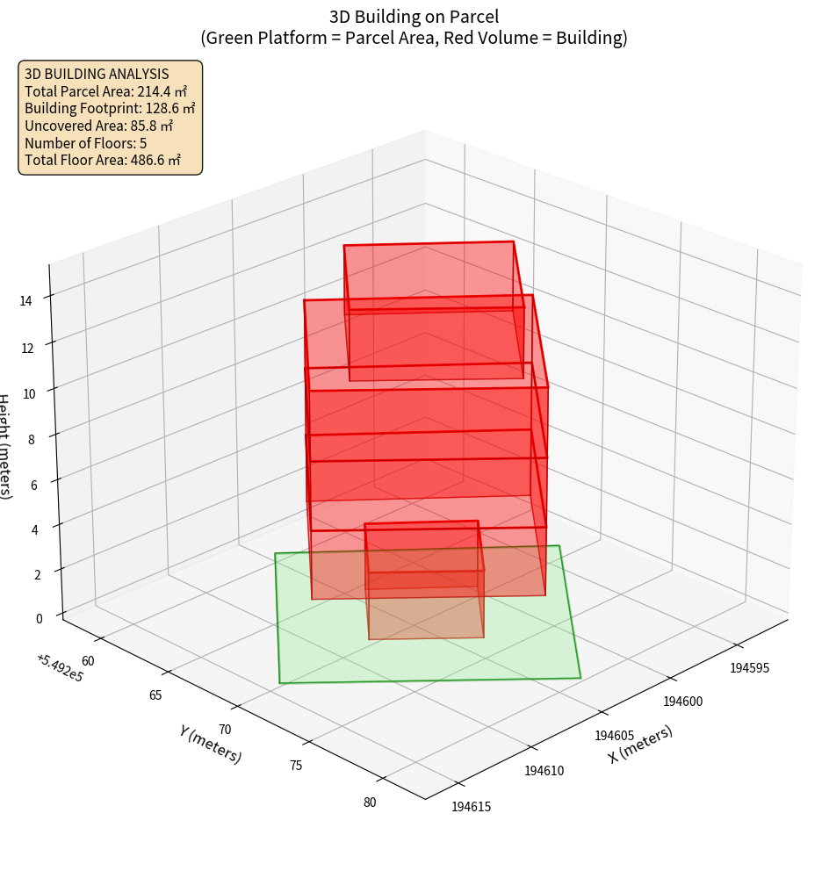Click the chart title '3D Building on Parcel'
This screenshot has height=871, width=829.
click(414, 16)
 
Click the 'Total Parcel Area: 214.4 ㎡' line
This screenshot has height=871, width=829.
click(105, 90)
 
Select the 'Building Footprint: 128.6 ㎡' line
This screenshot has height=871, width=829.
click(110, 108)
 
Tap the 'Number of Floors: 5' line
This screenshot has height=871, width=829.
click(85, 143)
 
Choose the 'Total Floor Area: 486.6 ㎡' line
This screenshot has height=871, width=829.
click(103, 161)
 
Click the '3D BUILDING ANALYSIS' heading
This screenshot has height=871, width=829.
click(97, 74)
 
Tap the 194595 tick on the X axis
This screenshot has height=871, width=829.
click(749, 667)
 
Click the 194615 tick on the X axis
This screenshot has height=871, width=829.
click(472, 806)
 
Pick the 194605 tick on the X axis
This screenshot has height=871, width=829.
click(614, 735)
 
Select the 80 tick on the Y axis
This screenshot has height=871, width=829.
click(369, 802)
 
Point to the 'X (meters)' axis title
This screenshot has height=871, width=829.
click(640, 744)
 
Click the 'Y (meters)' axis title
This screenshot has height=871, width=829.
click(210, 743)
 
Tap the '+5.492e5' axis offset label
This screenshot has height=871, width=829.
click(59, 667)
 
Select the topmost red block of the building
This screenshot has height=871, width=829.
click(430, 277)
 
